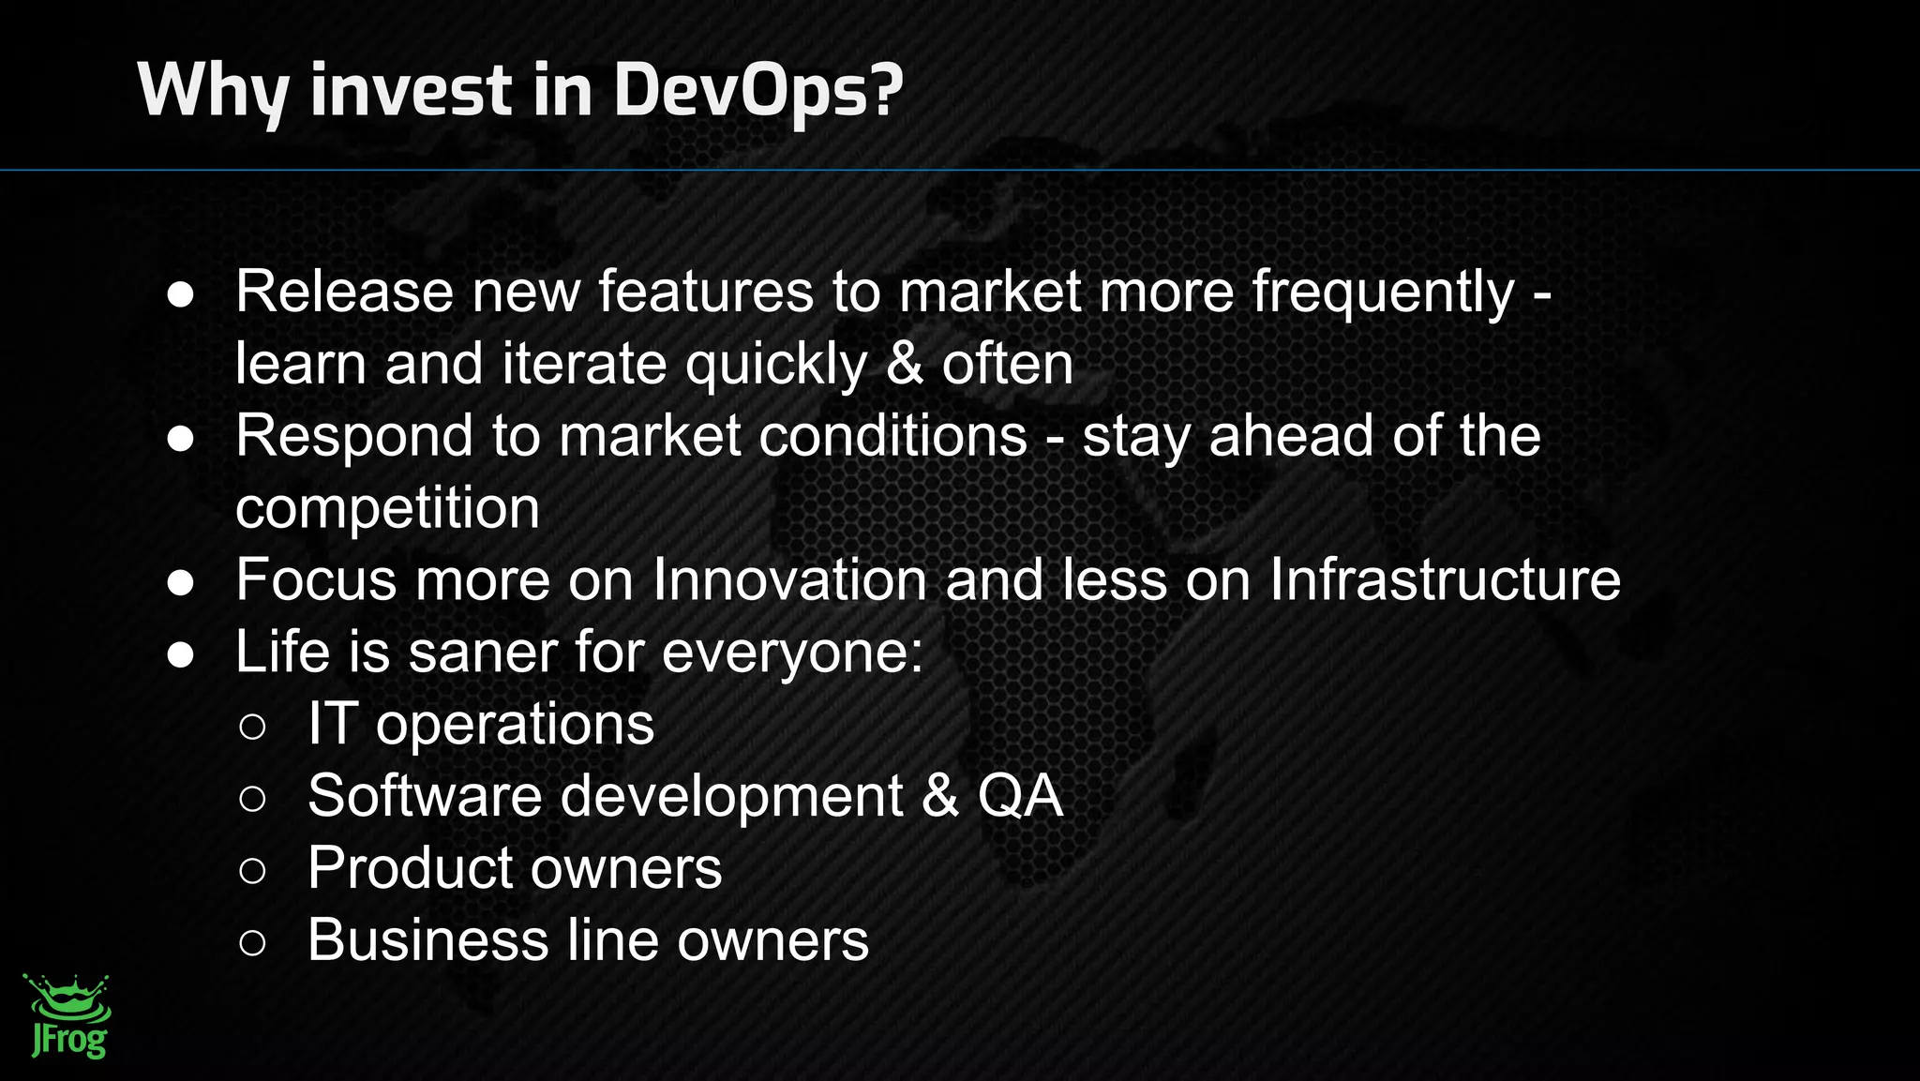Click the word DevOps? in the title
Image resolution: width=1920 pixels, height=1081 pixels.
757,91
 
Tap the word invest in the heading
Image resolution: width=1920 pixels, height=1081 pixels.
412,91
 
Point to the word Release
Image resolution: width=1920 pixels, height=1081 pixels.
344,292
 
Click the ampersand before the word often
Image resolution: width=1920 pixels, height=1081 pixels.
904,364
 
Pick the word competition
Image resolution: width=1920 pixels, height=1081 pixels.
387,508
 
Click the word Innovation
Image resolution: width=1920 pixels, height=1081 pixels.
789,579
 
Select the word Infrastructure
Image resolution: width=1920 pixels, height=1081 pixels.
1445,579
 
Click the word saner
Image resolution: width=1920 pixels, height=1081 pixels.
483,652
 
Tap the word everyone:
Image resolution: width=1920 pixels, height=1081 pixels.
792,652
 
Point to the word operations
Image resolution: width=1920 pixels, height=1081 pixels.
515,724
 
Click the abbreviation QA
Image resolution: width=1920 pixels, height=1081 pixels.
1020,796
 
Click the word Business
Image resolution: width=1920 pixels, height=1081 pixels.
427,940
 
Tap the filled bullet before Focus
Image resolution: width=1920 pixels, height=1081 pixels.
180,582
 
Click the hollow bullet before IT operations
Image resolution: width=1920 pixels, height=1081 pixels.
252,727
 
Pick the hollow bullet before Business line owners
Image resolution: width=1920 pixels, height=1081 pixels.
252,942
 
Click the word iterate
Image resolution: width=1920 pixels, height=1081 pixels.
584,364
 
